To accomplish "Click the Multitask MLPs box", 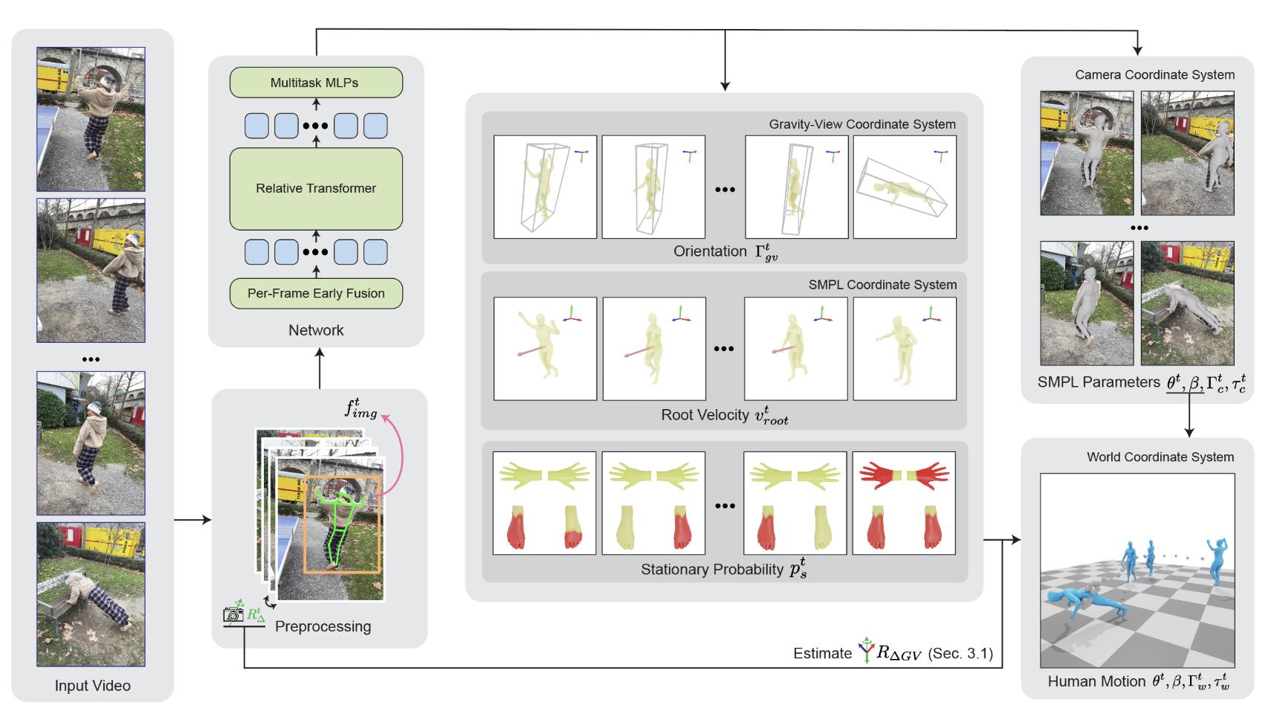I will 316,83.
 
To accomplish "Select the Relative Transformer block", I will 316,189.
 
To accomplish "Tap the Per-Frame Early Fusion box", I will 316,294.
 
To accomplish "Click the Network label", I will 316,330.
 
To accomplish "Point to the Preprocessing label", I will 323,626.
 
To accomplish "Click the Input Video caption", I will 92,686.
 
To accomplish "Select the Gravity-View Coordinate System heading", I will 862,124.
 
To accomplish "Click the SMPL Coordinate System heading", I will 882,285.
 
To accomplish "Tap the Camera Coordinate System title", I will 1154,75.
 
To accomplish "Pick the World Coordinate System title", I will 1160,457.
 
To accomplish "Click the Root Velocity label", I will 705,415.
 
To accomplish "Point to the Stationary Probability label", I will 711,570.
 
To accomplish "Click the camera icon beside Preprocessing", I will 233,614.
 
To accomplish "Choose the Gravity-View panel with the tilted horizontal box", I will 904,187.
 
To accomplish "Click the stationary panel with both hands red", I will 904,504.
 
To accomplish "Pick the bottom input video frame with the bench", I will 91,594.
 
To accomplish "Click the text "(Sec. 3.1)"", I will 960,654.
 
